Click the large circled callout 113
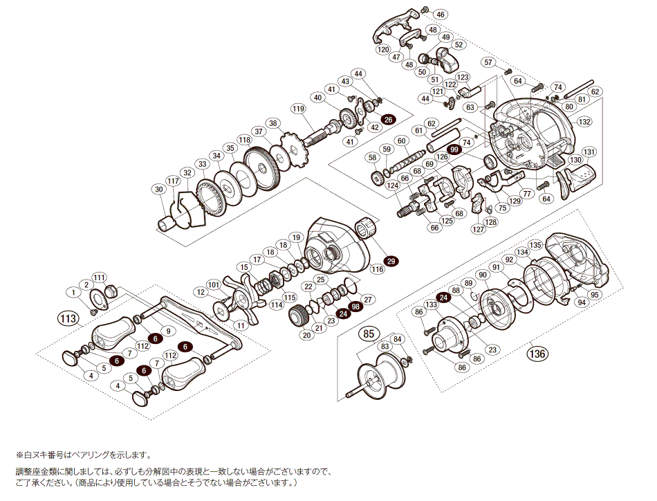point(66,318)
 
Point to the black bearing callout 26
point(387,120)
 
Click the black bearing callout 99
point(454,149)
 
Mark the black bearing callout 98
point(355,307)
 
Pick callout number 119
point(298,109)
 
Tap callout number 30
point(160,190)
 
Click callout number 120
point(383,50)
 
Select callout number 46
point(441,14)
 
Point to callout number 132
point(585,122)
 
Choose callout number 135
point(535,245)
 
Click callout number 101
point(214,284)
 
